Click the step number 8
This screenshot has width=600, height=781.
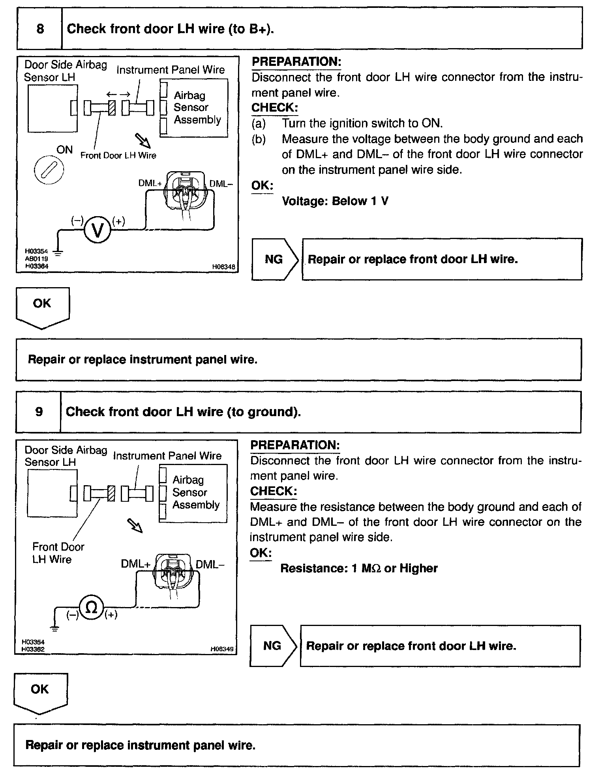pos(40,29)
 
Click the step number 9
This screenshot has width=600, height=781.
pos(39,412)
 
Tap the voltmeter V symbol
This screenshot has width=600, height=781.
pos(97,230)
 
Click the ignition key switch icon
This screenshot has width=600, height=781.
pos(49,172)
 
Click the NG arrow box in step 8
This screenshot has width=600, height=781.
pos(274,260)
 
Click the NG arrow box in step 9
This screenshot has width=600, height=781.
pos(272,646)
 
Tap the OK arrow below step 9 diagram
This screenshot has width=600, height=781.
pos(40,692)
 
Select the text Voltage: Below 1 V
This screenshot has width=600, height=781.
pos(335,201)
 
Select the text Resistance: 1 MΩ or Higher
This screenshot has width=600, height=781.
pos(359,568)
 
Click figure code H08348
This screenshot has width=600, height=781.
pos(223,267)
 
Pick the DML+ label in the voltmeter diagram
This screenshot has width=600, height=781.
pos(150,183)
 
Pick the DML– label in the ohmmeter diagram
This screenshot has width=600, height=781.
pos(210,564)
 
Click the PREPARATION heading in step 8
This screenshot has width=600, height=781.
pos(296,62)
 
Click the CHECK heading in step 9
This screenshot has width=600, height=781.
pos(273,491)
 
